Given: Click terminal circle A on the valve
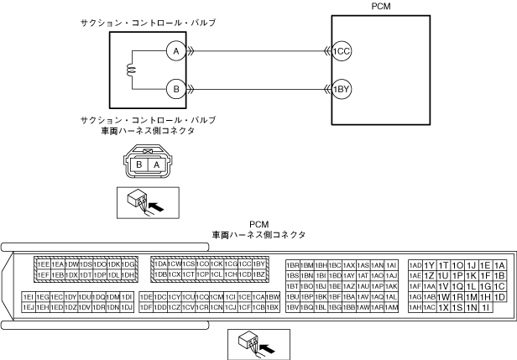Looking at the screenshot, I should coord(176,50).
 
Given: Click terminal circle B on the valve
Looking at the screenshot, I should coord(176,87).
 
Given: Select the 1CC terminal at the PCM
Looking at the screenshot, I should coord(341,50).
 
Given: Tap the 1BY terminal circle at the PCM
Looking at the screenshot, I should coord(341,87).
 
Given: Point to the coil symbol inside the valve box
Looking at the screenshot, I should coord(131,70).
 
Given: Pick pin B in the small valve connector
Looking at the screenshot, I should coord(139,165).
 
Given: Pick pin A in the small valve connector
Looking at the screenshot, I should coord(156,165).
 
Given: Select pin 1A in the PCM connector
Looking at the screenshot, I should coord(499,265).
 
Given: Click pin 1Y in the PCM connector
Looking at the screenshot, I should coord(430,265).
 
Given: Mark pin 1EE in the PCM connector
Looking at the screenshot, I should coord(43,263).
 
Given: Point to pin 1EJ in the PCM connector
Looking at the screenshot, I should coord(29,307).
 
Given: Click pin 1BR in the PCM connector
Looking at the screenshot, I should coord(293,263).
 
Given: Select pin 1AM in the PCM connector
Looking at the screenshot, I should coord(391,307).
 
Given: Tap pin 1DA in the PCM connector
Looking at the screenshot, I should coord(160,263).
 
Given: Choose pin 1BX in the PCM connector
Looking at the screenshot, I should coord(273,307).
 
